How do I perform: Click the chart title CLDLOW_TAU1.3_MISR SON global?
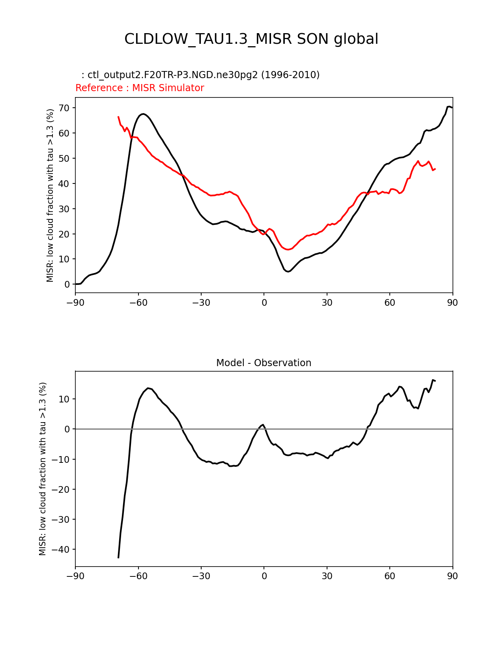coord(251,39)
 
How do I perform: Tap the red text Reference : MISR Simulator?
coord(140,88)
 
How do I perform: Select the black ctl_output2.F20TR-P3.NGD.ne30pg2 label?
coord(203,75)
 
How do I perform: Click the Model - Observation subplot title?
coord(264,363)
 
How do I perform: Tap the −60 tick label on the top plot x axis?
coord(138,303)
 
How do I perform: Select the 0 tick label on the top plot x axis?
coord(264,303)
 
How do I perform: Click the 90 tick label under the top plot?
coord(453,303)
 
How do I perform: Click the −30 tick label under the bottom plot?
coord(201,576)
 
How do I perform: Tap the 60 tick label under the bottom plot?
coord(390,576)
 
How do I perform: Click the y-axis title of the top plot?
coord(50,195)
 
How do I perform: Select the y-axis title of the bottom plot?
coord(43,469)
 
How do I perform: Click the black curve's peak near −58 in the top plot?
coord(143,114)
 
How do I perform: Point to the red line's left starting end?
coord(118,117)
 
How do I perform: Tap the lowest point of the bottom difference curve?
coord(118,557)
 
